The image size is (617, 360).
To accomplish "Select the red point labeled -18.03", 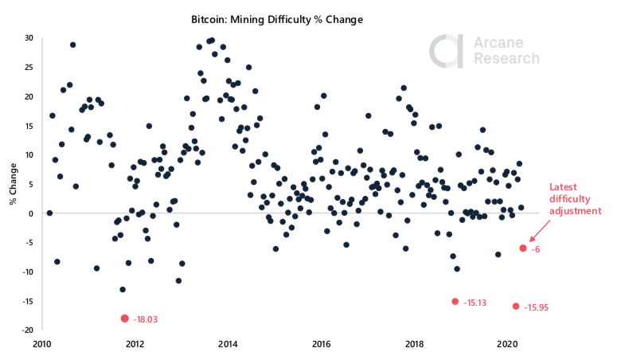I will point(124,318).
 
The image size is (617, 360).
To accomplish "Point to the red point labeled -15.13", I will point(455,301).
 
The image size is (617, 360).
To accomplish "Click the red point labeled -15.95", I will point(516,306).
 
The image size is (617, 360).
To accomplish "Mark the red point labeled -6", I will point(523,248).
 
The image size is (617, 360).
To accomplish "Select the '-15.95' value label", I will point(537,307).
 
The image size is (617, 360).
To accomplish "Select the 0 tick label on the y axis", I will point(29,213).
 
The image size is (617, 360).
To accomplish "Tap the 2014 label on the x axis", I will point(228,344).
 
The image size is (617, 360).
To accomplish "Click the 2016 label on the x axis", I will point(322,344).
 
